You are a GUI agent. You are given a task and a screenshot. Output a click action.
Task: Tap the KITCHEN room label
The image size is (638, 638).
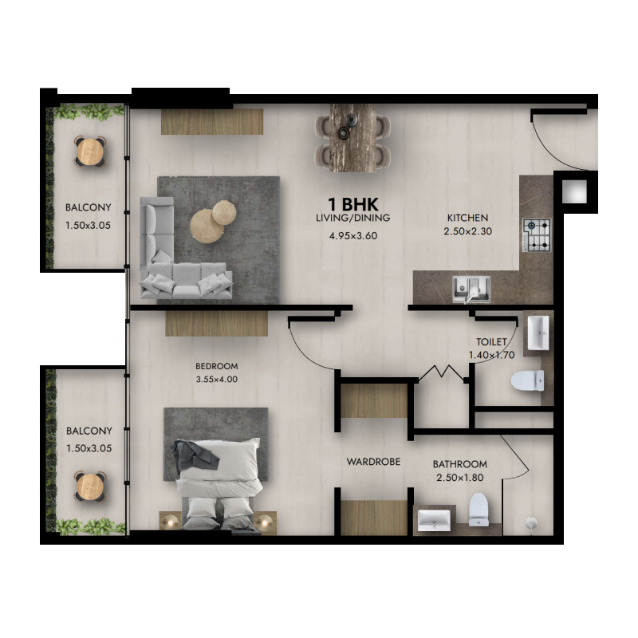tap(467, 218)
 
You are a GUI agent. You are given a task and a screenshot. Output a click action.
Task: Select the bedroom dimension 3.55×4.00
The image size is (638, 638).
tap(217, 380)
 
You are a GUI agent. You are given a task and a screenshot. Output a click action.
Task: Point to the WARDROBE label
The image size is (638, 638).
tap(372, 462)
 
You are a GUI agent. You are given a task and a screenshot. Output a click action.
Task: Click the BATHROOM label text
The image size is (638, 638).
tap(459, 464)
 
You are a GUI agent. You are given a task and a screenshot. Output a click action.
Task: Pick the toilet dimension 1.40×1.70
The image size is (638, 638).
tap(490, 356)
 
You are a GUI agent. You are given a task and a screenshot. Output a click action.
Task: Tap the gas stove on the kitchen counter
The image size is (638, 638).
tap(537, 235)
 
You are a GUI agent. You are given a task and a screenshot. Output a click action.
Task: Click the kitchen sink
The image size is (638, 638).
tap(471, 287)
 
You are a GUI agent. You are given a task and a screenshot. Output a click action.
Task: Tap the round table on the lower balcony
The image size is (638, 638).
tap(90, 484)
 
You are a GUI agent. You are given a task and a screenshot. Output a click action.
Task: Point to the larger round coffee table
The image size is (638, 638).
tap(206, 227)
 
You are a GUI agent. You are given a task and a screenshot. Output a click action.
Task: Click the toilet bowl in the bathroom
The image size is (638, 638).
tap(478, 509)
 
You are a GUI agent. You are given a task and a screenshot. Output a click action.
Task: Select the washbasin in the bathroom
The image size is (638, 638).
tap(434, 520)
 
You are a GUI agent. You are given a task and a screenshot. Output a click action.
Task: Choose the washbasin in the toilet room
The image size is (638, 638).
tap(538, 333)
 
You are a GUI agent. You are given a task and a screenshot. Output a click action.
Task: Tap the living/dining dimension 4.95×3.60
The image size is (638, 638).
tap(352, 236)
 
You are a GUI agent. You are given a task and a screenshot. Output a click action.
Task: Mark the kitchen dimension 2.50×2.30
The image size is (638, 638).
tap(467, 232)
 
